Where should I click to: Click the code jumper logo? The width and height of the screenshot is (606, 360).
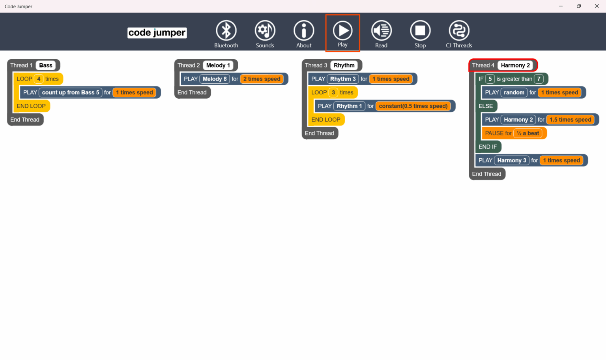click(157, 33)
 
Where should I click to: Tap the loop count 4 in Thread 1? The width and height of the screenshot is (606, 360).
click(39, 79)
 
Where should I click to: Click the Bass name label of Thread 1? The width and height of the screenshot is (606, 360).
click(46, 66)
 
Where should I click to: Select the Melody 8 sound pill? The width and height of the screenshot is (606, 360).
click(215, 79)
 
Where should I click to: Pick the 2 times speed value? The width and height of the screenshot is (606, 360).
click(262, 79)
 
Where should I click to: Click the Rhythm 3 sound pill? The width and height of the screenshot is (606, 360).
click(343, 79)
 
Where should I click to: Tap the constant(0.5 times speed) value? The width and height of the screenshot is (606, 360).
click(413, 106)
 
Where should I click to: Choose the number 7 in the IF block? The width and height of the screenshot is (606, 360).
click(539, 79)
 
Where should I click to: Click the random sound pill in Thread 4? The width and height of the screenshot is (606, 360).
click(514, 93)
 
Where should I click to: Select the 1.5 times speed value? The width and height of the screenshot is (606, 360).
click(570, 120)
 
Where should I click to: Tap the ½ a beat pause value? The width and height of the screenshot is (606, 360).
click(528, 133)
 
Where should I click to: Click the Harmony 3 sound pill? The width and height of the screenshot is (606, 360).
click(512, 161)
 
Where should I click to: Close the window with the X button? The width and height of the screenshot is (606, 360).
click(597, 6)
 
